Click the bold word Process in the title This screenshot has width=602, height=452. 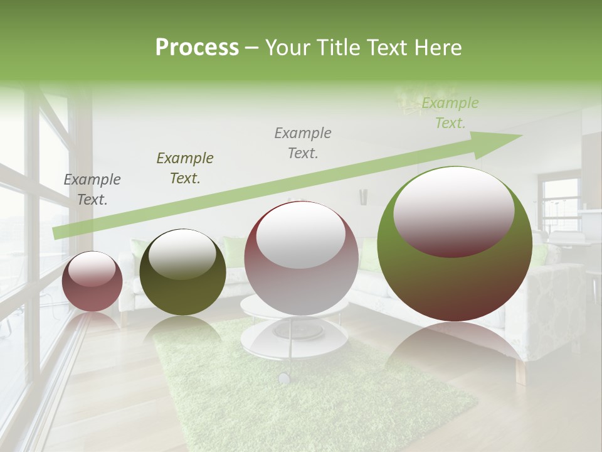coord(197,48)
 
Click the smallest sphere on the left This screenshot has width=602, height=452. coord(92,281)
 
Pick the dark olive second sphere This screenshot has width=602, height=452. coord(182,272)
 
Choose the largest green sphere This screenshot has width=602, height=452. coord(455,244)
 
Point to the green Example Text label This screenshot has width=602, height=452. coord(450,113)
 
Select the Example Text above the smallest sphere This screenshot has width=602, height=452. coord(92,190)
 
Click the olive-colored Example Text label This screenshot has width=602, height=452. coord(185,168)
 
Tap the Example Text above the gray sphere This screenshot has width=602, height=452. coord(303,143)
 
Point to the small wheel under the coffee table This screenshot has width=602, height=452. coord(284,378)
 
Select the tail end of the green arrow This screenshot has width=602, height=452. coord(60,232)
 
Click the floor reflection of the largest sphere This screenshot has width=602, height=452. coord(455,352)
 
